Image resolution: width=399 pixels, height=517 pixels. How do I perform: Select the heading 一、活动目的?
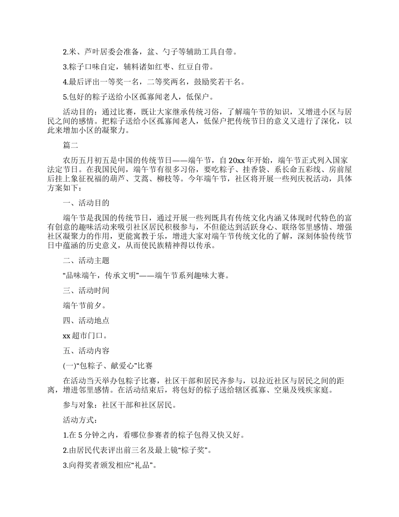tap(86, 203)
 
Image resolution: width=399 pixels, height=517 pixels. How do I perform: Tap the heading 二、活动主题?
tap(86, 261)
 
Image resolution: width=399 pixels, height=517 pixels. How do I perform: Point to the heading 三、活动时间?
tap(86, 290)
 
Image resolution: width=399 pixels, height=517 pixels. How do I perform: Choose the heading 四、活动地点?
tap(86, 321)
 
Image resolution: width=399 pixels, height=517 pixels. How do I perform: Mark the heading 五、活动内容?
tap(86, 351)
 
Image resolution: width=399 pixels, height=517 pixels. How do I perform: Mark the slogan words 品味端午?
tap(82, 276)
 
